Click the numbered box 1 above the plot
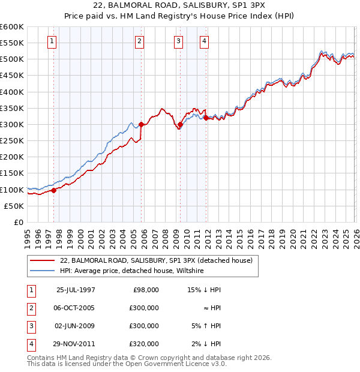pyautogui.click(x=52, y=41)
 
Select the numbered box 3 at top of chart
pyautogui.click(x=179, y=41)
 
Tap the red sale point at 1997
pyautogui.click(x=54, y=190)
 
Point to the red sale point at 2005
pyautogui.click(x=141, y=125)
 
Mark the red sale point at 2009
pyautogui.click(x=180, y=125)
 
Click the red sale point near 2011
pyautogui.click(x=206, y=118)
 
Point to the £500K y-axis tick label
pyautogui.click(x=12, y=59)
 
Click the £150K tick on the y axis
pyautogui.click(x=12, y=173)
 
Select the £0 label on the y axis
pyautogui.click(x=18, y=223)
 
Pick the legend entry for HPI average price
pyautogui.click(x=132, y=271)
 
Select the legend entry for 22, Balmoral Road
pyautogui.click(x=156, y=260)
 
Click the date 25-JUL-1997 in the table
pyautogui.click(x=75, y=289)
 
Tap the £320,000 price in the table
pyautogui.click(x=144, y=344)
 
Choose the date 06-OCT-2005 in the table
pyautogui.click(x=75, y=307)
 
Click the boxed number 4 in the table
pyautogui.click(x=29, y=344)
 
